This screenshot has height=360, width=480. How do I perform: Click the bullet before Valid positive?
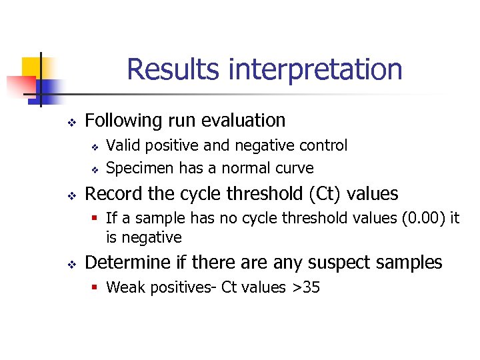pos(95,147)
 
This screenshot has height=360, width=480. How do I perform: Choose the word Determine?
pos(123,263)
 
